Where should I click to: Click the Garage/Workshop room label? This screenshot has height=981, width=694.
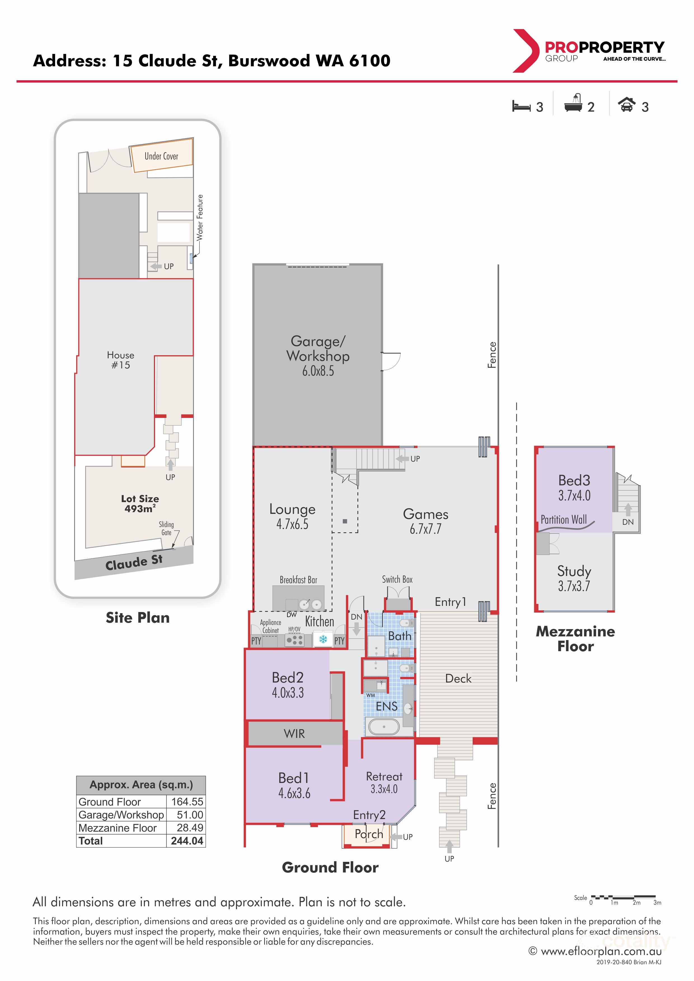pos(318,348)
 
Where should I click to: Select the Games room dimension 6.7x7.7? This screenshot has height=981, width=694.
pos(426,529)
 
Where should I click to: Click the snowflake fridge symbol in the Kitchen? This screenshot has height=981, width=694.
pos(323,639)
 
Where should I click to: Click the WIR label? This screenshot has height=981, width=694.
pos(294,734)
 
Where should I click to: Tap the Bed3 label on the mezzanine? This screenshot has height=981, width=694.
pos(574,480)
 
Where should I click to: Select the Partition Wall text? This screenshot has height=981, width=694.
pos(564,519)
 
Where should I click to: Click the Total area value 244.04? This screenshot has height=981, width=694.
pos(187,841)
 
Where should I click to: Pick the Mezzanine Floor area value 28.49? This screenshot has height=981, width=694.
pos(190,828)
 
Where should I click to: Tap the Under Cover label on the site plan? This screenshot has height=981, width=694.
pos(161,156)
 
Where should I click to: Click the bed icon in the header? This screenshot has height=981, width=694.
pos(521,106)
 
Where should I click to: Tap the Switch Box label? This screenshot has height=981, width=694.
pos(397,579)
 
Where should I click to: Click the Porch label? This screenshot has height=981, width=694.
pos(369,834)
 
